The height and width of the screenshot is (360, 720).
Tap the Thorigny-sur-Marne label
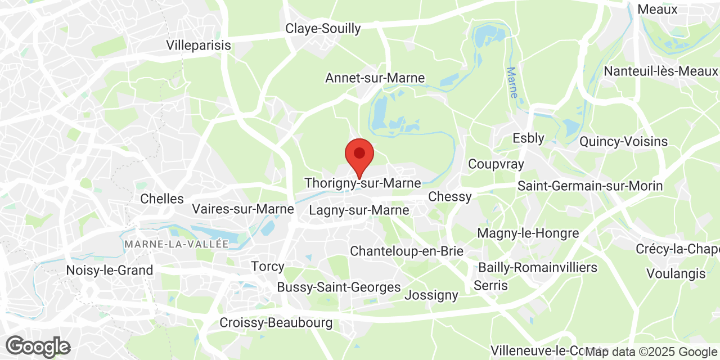(x=362, y=183)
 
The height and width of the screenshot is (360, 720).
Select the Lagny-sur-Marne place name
(x=359, y=210)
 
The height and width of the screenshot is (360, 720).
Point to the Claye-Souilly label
(x=323, y=29)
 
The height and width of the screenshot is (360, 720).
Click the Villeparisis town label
(x=199, y=46)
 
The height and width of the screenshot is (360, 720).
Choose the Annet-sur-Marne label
(x=375, y=78)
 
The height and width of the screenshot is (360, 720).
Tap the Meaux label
(x=657, y=10)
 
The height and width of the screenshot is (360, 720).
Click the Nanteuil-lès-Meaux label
(x=660, y=71)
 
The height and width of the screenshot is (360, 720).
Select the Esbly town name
(x=528, y=138)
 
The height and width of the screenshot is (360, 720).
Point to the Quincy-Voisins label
(x=623, y=141)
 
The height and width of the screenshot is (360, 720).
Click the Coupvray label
(x=496, y=164)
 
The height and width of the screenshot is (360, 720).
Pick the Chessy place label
(x=449, y=197)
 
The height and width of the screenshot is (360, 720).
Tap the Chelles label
(x=162, y=199)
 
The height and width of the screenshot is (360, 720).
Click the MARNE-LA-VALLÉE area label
(x=177, y=244)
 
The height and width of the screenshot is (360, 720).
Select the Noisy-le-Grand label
(x=110, y=271)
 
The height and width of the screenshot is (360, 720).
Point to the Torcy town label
(x=267, y=267)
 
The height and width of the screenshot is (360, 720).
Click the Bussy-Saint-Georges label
(x=339, y=287)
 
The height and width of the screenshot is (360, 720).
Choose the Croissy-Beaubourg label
(x=276, y=323)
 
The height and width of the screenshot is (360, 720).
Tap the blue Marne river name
(x=512, y=83)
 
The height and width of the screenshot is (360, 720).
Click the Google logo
(x=38, y=346)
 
